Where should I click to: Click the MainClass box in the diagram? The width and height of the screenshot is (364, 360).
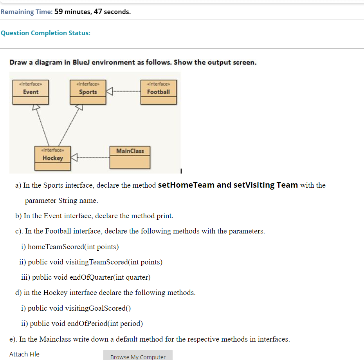[x=130, y=157]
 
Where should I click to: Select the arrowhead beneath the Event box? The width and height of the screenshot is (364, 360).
[x=36, y=107]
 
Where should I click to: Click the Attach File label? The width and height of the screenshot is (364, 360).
[x=24, y=354]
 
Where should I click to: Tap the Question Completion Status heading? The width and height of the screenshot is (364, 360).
[x=45, y=33]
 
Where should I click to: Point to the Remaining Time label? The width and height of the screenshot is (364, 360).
[x=26, y=12]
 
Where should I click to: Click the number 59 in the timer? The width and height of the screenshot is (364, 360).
[x=59, y=12]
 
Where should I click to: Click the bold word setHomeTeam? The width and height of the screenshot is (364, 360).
[x=186, y=185]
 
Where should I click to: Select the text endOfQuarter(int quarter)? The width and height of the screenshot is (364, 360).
[x=110, y=277]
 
